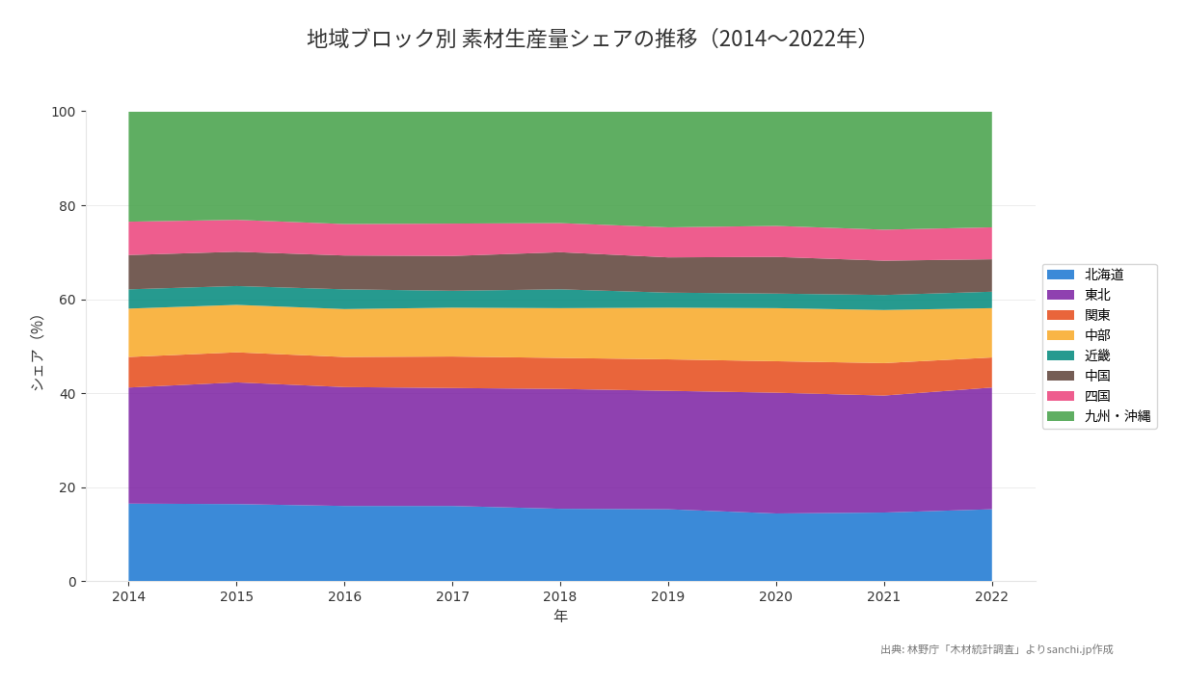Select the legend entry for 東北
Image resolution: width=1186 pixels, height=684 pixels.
click(x=1096, y=295)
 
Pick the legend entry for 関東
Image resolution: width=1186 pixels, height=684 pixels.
click(x=1096, y=315)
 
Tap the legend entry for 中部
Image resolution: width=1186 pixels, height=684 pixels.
click(x=1096, y=335)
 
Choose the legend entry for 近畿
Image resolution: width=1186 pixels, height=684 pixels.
click(x=1096, y=355)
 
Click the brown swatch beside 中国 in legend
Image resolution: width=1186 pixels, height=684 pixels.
click(x=1061, y=376)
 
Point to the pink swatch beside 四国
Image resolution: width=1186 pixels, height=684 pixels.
click(x=1061, y=396)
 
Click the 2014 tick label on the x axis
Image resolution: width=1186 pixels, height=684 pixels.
click(x=128, y=597)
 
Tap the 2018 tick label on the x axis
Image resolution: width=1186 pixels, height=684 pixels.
click(x=560, y=597)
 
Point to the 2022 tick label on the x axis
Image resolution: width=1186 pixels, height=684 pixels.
click(x=991, y=597)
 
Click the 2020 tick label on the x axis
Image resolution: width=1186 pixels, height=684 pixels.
click(x=775, y=597)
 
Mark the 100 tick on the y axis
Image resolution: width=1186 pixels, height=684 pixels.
click(x=63, y=112)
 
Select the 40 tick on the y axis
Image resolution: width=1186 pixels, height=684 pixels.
click(x=67, y=394)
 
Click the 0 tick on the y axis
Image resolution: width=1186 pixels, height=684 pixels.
click(x=71, y=582)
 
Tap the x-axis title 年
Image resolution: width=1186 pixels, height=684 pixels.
click(x=560, y=617)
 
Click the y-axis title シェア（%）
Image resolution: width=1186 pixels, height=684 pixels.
click(x=38, y=353)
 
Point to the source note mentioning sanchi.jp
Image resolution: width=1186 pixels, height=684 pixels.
click(x=996, y=650)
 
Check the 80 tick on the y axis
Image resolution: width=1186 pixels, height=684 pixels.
click(x=67, y=206)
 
